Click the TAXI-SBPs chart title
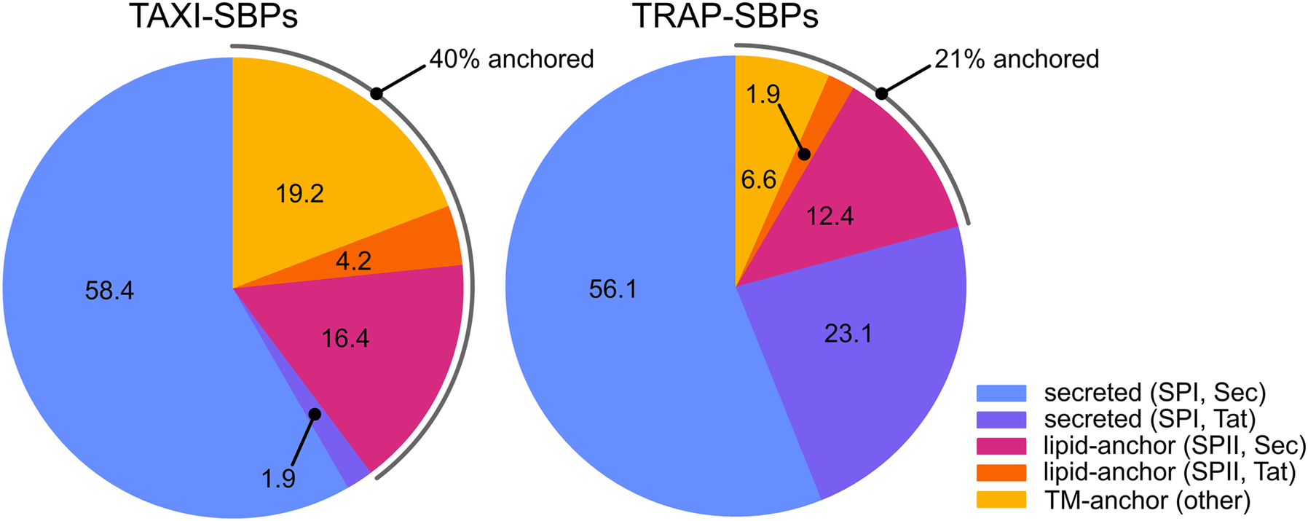(x=213, y=16)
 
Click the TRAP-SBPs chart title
(x=725, y=16)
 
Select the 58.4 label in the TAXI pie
(x=109, y=291)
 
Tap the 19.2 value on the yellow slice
(x=299, y=194)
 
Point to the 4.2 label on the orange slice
(x=354, y=260)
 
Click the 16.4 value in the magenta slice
(x=345, y=338)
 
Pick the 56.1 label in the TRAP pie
(x=612, y=289)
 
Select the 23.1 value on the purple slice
(x=848, y=334)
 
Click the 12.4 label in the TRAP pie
(x=830, y=216)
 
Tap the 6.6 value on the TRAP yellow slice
(x=758, y=179)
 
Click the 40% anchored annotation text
(x=511, y=59)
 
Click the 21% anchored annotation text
(x=1017, y=59)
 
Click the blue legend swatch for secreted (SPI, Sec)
(x=1001, y=393)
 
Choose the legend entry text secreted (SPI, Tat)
(x=1150, y=420)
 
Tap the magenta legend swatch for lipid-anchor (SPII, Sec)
(x=1001, y=446)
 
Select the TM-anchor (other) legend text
(x=1147, y=500)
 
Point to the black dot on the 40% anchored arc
(x=376, y=93)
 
